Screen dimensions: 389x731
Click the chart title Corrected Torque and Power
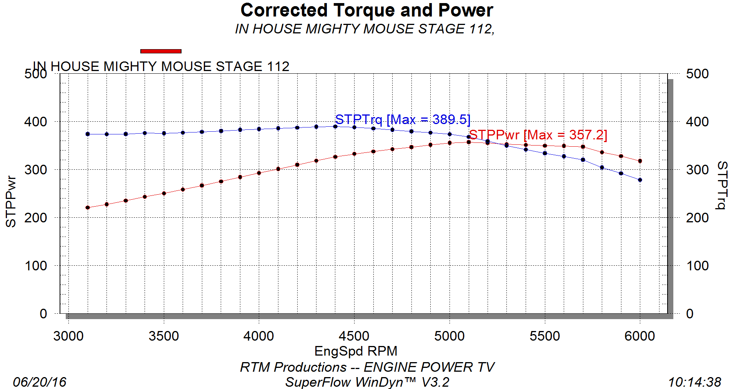click(366, 10)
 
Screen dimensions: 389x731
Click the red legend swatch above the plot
click(161, 51)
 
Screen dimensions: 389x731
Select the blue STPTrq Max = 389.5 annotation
click(403, 119)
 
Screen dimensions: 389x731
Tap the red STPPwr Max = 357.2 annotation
click(538, 135)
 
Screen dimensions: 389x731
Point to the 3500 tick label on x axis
click(163, 336)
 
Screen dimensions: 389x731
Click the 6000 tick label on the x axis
click(639, 336)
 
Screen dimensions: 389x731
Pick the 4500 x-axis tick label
click(354, 336)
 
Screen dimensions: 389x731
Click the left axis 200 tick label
click(36, 218)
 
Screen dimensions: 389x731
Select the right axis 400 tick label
click(697, 122)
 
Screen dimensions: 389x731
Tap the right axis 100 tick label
click(697, 266)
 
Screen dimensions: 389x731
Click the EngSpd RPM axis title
click(356, 351)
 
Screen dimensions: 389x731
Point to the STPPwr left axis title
click(11, 201)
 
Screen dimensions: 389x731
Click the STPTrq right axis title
click(722, 185)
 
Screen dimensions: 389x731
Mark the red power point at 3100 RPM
click(88, 208)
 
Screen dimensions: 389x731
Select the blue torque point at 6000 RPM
click(640, 180)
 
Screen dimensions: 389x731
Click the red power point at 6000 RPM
click(640, 161)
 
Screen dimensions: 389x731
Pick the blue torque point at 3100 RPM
click(88, 134)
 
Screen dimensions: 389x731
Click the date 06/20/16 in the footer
click(40, 382)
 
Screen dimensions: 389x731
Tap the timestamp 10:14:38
click(694, 382)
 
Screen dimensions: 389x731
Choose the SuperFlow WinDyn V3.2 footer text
click(367, 382)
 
